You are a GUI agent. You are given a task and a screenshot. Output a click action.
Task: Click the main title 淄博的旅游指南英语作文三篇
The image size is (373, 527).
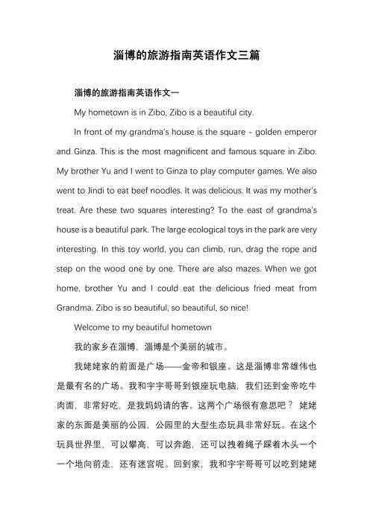click(x=186, y=56)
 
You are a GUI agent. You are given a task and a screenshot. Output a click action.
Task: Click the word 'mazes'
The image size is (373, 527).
click(x=247, y=268)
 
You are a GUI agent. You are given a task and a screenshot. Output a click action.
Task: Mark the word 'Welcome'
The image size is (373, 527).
click(x=94, y=326)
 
